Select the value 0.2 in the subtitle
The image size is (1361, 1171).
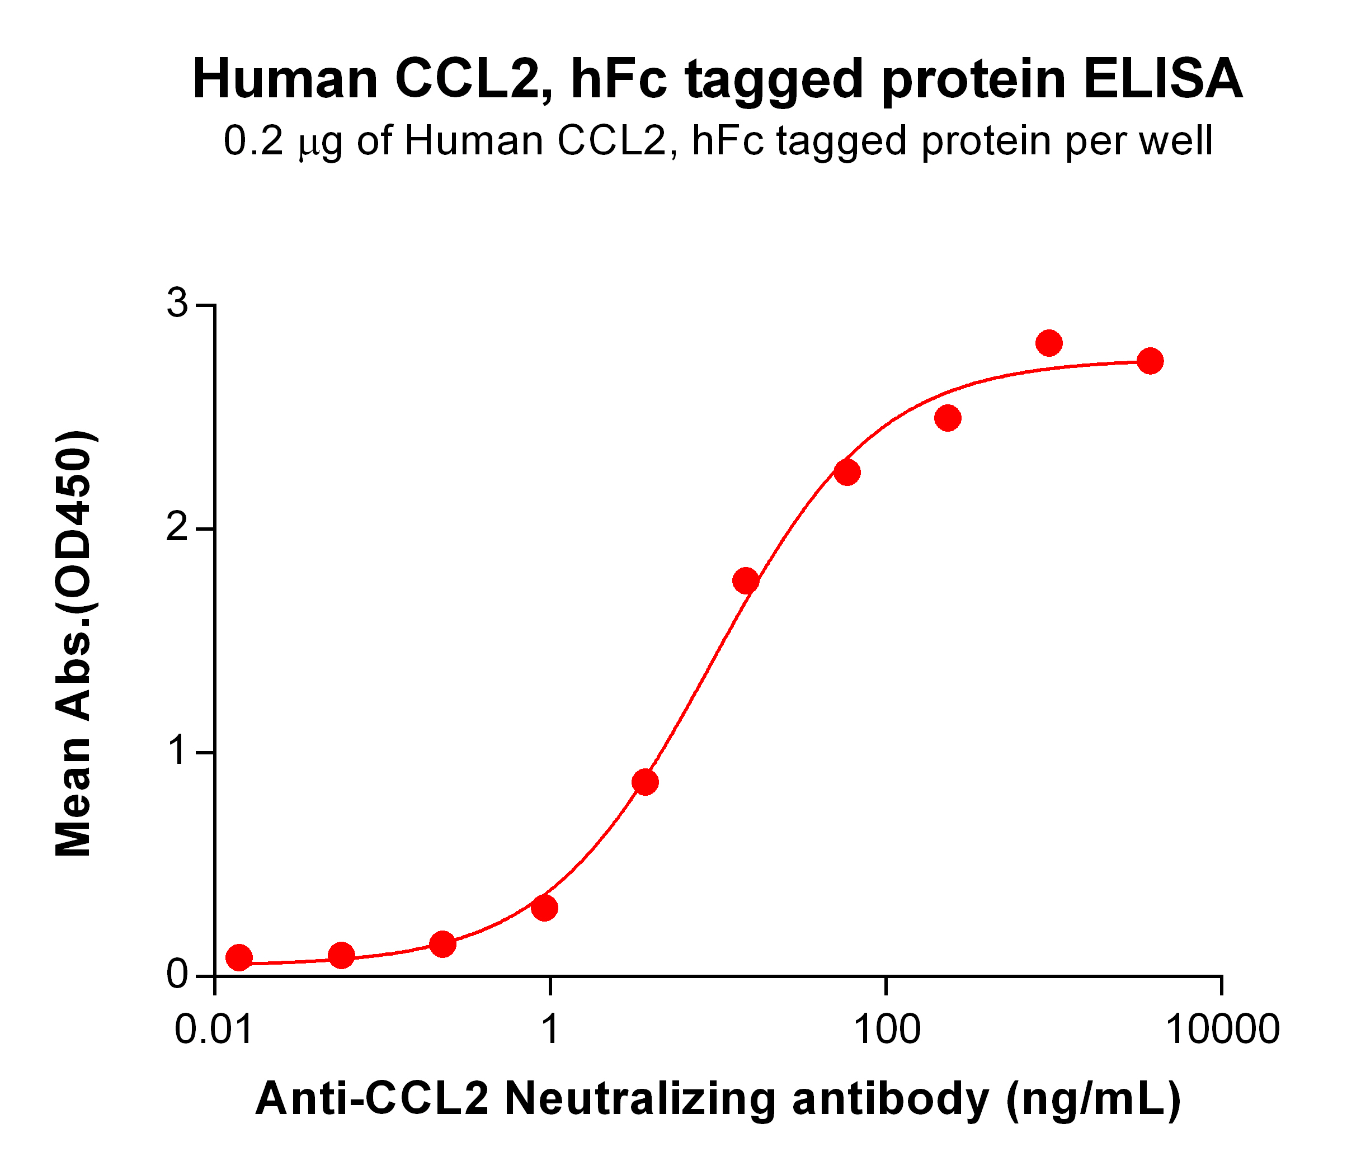pos(253,141)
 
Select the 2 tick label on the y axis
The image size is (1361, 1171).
pos(177,528)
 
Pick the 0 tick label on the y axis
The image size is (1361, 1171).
pos(177,976)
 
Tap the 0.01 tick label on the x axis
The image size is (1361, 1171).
pos(214,1029)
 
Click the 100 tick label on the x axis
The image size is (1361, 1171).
pos(886,1029)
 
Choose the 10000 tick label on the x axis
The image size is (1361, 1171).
pos(1222,1029)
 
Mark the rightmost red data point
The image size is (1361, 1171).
pos(1150,361)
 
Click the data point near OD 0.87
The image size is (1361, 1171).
pos(645,782)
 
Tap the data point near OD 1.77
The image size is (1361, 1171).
pos(746,580)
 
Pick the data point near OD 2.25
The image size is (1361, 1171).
pos(847,472)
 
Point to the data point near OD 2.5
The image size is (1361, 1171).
pos(948,418)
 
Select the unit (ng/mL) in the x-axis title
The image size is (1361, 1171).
pos(1094,1099)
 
